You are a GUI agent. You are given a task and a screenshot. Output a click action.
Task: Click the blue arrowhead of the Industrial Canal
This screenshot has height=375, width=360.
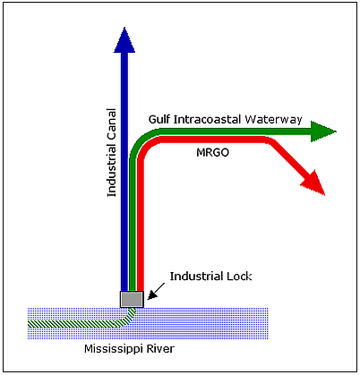(x=124, y=41)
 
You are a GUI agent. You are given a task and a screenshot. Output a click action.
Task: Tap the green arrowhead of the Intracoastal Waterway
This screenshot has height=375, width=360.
(x=322, y=132)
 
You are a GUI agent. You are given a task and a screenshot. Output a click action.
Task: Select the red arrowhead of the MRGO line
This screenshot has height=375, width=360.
(x=314, y=184)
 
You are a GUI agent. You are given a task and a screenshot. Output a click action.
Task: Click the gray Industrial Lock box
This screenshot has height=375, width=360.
(x=132, y=299)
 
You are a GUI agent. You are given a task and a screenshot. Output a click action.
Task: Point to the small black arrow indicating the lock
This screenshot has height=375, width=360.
(x=156, y=291)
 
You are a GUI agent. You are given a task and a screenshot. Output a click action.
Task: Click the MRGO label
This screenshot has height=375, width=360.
(x=212, y=152)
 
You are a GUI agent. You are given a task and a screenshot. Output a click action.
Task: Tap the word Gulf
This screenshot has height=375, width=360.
(x=159, y=120)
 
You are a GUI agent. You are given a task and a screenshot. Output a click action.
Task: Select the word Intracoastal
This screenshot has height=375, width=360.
(x=208, y=120)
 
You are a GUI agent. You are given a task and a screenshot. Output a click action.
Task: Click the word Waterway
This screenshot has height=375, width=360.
(x=273, y=120)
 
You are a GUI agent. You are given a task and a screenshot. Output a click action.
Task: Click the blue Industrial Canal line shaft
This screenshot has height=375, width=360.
(x=124, y=172)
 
